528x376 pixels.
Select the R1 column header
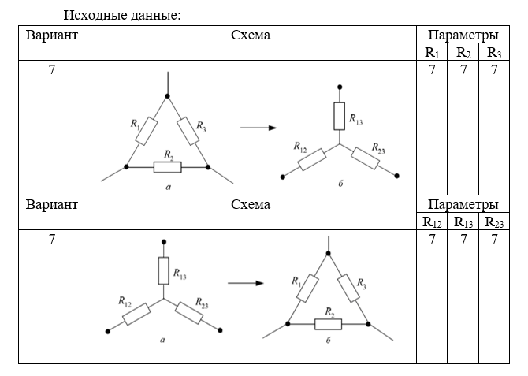[431, 53]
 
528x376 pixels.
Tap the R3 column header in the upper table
[494, 53]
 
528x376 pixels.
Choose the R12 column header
[431, 222]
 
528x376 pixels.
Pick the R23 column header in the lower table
[494, 222]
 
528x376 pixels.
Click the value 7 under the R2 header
[463, 70]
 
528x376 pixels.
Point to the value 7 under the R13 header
[463, 239]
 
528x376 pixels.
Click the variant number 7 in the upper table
[51, 70]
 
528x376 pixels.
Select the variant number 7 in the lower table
[51, 239]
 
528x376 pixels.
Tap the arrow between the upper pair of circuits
[258, 128]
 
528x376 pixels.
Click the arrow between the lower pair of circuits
[245, 281]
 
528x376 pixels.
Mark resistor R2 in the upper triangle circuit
[167, 167]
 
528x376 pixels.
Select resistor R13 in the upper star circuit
[340, 116]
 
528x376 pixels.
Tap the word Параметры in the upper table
[463, 35]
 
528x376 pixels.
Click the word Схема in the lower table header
[251, 205]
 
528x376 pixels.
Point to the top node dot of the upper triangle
[167, 98]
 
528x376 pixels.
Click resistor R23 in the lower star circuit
[189, 313]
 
